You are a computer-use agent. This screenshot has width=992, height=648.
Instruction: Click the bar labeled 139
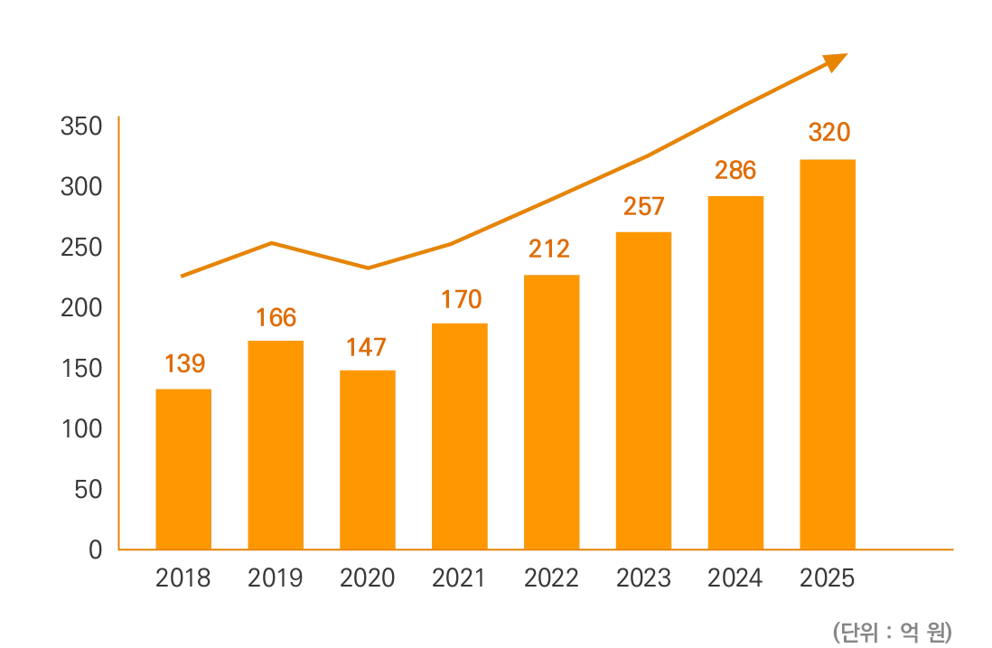pos(183,466)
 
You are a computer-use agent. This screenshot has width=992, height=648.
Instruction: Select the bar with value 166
pos(275,443)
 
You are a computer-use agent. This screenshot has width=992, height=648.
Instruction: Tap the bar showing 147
pos(368,457)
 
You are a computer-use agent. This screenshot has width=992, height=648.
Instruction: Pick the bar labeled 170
pos(459,433)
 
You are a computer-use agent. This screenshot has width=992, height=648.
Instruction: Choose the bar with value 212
pos(552,410)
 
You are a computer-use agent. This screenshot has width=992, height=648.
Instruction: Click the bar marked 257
pos(643,389)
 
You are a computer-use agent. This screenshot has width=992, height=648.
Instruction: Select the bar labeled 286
pos(735,371)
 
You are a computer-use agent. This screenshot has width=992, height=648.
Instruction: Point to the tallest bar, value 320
pos(828,352)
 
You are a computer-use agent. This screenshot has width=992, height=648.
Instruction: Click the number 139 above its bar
pos(186,364)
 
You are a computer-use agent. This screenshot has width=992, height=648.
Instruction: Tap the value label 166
pos(276,318)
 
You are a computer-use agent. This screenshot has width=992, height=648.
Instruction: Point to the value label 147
pos(367,348)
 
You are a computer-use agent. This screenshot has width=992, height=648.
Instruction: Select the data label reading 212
pos(549,249)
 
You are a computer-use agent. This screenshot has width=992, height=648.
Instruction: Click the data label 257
pos(643,207)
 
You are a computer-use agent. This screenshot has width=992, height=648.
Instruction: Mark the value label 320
pos(828,134)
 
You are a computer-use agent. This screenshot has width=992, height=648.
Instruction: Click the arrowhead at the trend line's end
pos(838,61)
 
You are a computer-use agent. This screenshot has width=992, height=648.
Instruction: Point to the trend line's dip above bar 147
pos(369,269)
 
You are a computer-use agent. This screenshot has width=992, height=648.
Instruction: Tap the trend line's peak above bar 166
pos(274,242)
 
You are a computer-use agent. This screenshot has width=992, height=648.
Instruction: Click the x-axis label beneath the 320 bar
pos(826,579)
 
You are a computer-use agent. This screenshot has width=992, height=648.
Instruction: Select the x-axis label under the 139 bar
pos(183,579)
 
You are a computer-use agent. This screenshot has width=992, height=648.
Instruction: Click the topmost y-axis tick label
pos(83,127)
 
